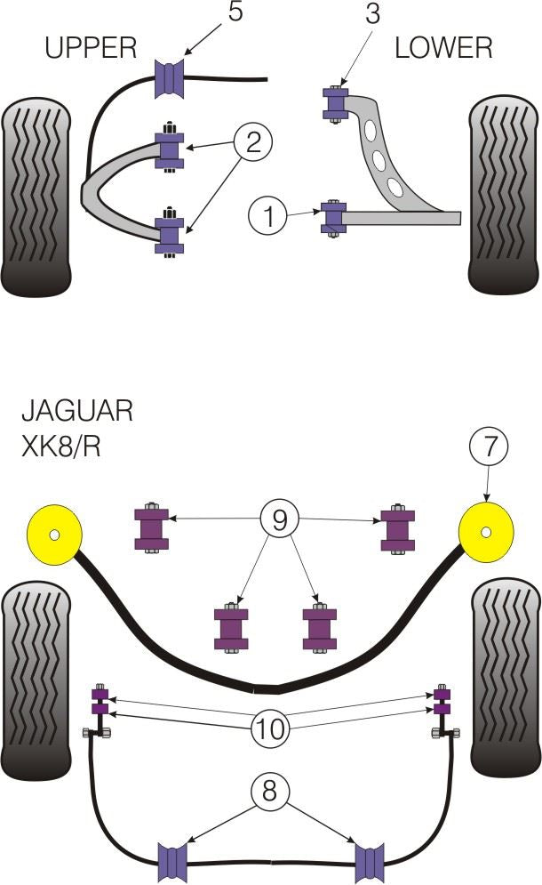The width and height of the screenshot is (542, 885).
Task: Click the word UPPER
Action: coord(92,47)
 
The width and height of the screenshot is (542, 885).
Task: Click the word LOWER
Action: coord(442,47)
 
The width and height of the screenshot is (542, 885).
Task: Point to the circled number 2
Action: coord(254,141)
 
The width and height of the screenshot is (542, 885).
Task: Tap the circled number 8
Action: coord(272,790)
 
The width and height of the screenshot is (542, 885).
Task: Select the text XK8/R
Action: coord(60,445)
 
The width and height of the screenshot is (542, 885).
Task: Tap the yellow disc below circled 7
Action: coord(486,532)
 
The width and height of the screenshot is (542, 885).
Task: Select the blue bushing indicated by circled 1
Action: coord(333,217)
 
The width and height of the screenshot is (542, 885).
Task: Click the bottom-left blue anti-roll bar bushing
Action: coord(175,859)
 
